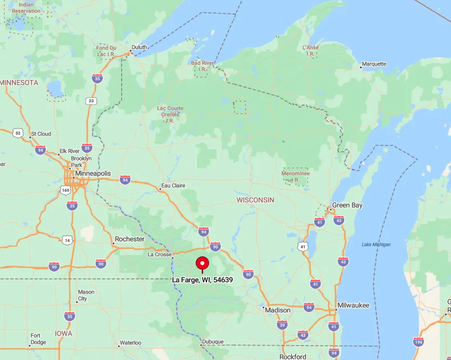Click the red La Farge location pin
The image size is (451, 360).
[x=202, y=263]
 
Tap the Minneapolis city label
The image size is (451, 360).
[x=93, y=173]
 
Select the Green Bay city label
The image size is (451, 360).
[x=347, y=205]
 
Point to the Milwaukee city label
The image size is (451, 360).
[x=353, y=305]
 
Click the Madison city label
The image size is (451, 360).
[x=278, y=310]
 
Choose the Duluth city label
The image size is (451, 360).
[x=139, y=47]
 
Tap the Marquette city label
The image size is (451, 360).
[x=374, y=64]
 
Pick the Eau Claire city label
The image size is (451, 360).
[x=174, y=185]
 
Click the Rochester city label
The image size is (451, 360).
[x=129, y=239]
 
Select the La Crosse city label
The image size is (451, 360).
[x=160, y=254]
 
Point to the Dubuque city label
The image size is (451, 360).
[x=213, y=341]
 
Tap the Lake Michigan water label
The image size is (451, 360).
[x=376, y=245]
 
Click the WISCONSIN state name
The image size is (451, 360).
[x=255, y=200]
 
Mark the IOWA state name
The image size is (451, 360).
[x=63, y=333]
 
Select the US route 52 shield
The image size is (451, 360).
[x=18, y=133]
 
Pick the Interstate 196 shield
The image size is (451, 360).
[x=418, y=341]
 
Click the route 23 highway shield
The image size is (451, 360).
[x=91, y=101]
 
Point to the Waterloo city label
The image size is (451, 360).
[x=130, y=342]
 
